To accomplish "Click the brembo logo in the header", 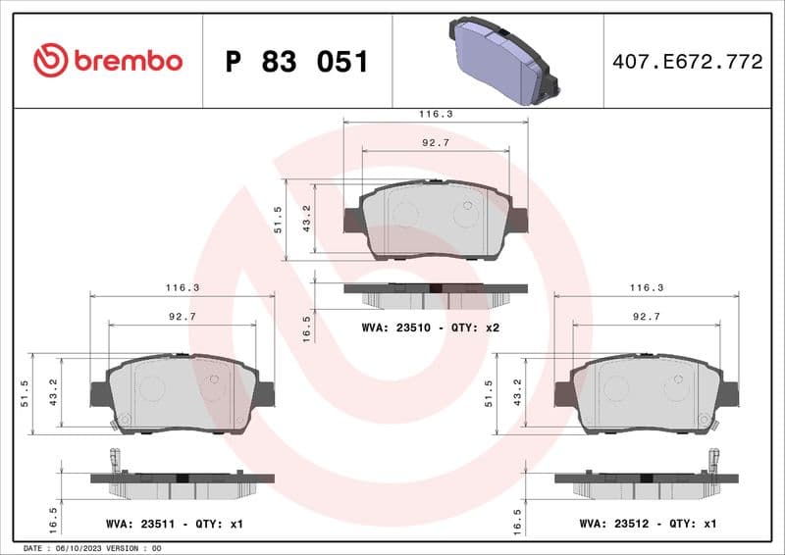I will pyautogui.click(x=108, y=61).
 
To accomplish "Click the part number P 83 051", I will pyautogui.click(x=296, y=62).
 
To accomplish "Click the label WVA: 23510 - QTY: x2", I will pyautogui.click(x=432, y=327).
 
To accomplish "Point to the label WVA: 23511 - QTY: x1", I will pyautogui.click(x=174, y=525).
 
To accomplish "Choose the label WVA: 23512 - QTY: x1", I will pyautogui.click(x=649, y=525).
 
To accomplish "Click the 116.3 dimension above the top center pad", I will pyautogui.click(x=435, y=115).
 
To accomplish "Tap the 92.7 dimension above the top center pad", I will pyautogui.click(x=435, y=143).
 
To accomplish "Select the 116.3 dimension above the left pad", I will pyautogui.click(x=183, y=288).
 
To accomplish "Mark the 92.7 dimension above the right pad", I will pyautogui.click(x=645, y=317).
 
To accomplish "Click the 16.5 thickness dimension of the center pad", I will pyautogui.click(x=306, y=328).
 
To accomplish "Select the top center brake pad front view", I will pyautogui.click(x=435, y=220).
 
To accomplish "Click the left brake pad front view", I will pyautogui.click(x=183, y=392).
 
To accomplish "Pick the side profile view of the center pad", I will pyautogui.click(x=435, y=294).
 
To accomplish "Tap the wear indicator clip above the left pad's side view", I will pyautogui.click(x=115, y=458).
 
